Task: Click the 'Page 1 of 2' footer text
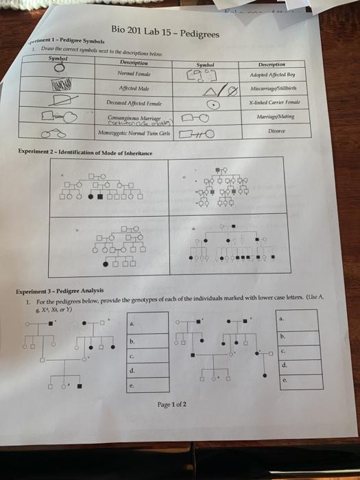(171, 405)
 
